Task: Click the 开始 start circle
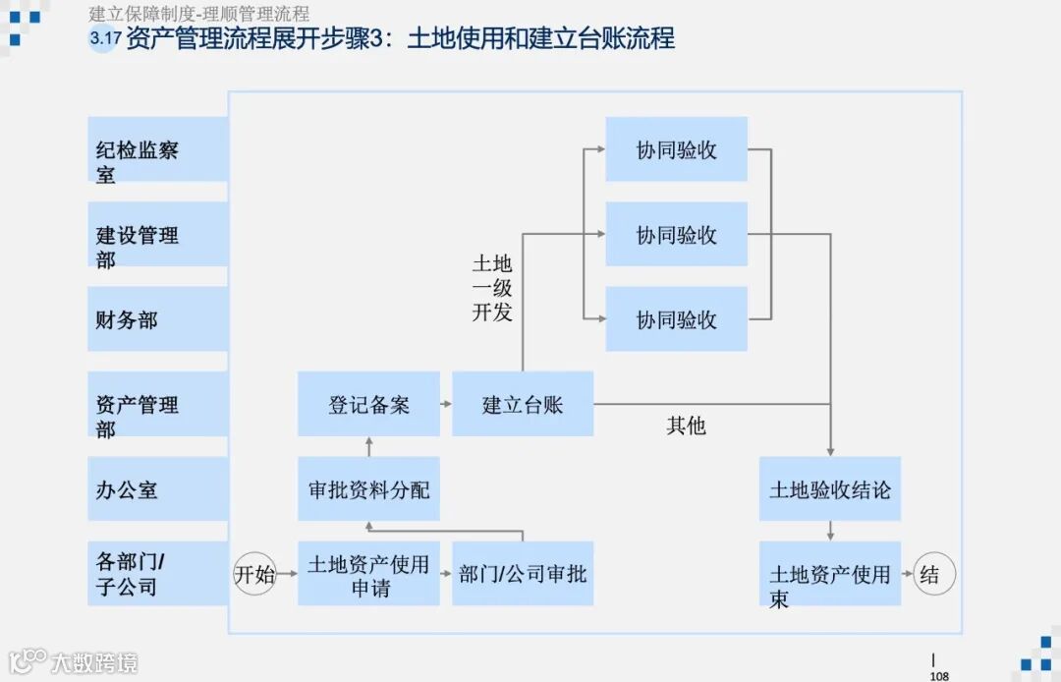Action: pos(254,575)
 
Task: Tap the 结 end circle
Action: pos(930,575)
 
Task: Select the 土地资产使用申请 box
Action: pos(368,574)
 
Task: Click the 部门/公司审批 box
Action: pos(523,574)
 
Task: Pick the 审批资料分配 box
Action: pos(368,488)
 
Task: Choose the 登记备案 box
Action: pos(368,404)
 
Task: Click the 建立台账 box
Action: pos(523,404)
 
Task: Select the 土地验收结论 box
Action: pos(830,488)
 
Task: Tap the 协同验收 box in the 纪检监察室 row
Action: pos(676,149)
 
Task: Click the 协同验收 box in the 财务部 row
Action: pos(676,319)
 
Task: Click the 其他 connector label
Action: pos(686,426)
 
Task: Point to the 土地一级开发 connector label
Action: pos(492,289)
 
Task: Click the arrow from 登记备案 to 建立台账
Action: pos(445,404)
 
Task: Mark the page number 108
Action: pos(938,676)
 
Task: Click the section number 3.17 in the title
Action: pos(103,40)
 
